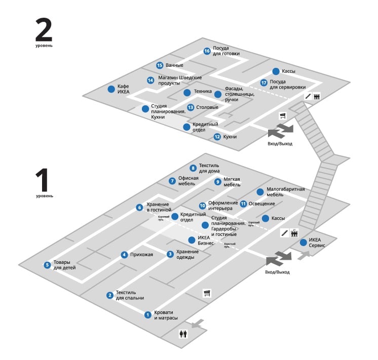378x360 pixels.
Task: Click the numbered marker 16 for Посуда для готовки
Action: pyautogui.click(x=207, y=51)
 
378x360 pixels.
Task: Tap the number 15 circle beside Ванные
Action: pyautogui.click(x=160, y=65)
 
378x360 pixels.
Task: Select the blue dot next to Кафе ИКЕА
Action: pyautogui.click(x=111, y=89)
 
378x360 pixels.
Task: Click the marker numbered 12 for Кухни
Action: pyautogui.click(x=217, y=137)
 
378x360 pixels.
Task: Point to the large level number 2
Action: pyautogui.click(x=44, y=30)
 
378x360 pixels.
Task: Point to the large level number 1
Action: pyautogui.click(x=44, y=180)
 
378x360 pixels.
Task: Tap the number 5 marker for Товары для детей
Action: pyautogui.click(x=47, y=264)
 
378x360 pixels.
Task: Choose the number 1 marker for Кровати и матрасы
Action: pyautogui.click(x=148, y=314)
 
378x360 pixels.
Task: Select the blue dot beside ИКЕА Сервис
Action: pyautogui.click(x=303, y=242)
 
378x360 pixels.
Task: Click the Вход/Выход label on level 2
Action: pyautogui.click(x=280, y=144)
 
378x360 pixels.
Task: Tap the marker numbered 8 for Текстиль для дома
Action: pyautogui.click(x=193, y=168)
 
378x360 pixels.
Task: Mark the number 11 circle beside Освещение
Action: pyautogui.click(x=243, y=204)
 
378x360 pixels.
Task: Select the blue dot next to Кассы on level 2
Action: pyautogui.click(x=276, y=71)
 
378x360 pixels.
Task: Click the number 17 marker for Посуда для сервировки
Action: pyautogui.click(x=263, y=83)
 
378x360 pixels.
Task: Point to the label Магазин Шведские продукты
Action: pyautogui.click(x=179, y=80)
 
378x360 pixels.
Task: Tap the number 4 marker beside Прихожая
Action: pyautogui.click(x=124, y=255)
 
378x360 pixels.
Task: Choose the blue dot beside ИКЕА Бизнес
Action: pyautogui.click(x=192, y=240)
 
